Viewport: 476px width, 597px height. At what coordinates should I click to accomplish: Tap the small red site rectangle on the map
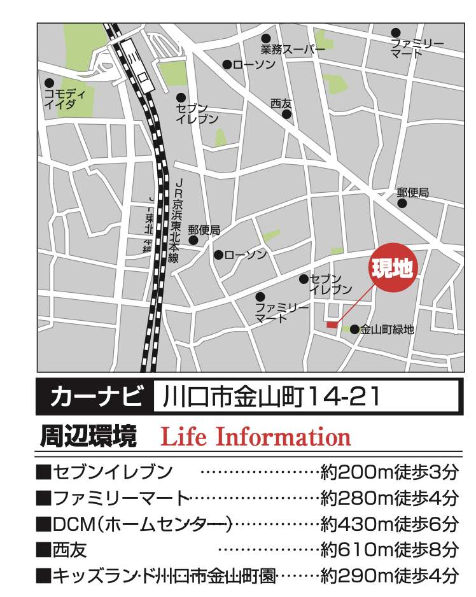[332, 325]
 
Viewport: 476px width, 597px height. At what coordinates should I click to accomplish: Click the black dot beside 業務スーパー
[266, 38]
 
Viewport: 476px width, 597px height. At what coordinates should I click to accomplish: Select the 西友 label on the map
[280, 103]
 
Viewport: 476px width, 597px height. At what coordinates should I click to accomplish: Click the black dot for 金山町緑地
[354, 329]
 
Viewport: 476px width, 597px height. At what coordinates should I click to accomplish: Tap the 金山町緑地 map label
[387, 330]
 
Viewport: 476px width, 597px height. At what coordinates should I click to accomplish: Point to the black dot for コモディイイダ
[49, 83]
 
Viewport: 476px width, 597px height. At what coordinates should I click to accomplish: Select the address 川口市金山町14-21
[271, 398]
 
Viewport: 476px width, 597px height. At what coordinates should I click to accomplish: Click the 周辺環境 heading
[88, 437]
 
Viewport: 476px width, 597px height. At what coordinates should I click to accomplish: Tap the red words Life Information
[256, 437]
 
